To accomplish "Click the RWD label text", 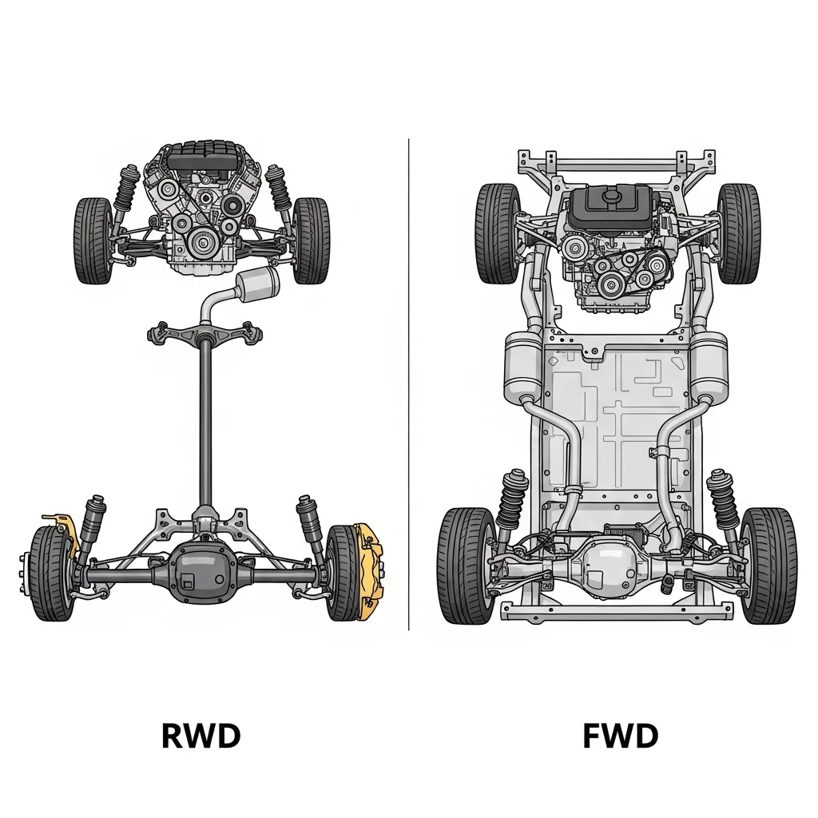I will tap(201, 736).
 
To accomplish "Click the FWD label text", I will tap(620, 736).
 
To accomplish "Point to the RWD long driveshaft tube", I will tap(205, 423).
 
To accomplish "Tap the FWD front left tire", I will tap(498, 233).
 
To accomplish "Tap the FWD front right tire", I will tap(738, 233).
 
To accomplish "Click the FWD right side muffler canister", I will tap(708, 367).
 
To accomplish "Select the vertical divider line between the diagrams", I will tap(409, 383).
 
